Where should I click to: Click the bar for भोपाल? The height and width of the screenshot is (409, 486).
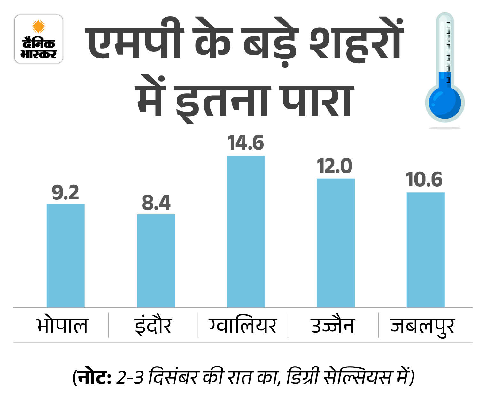click(66, 256)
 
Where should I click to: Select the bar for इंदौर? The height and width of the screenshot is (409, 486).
click(156, 261)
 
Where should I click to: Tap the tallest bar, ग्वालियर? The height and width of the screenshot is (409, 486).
click(246, 231)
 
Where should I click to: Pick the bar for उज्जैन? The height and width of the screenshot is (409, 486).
click(336, 243)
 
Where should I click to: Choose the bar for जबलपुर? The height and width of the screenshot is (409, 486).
click(425, 250)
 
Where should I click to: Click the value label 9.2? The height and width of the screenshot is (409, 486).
click(66, 193)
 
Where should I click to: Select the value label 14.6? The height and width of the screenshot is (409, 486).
click(246, 143)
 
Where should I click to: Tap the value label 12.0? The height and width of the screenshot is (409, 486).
click(335, 166)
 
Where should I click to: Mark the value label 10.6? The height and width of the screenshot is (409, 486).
click(424, 180)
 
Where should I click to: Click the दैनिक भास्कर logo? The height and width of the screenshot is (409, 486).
click(39, 39)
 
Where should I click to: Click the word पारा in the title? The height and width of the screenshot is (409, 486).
click(316, 100)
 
